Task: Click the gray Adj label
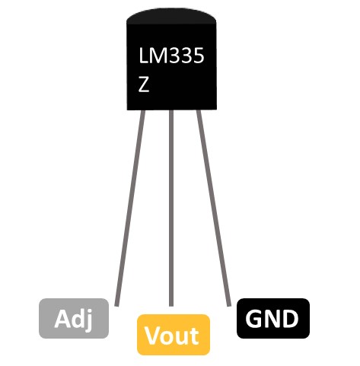[x=74, y=318]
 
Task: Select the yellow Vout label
[x=174, y=335]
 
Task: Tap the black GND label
[x=273, y=318]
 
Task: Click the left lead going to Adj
[x=130, y=208]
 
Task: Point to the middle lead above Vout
[x=171, y=208]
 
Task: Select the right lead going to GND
[x=214, y=208]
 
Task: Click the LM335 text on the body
[x=171, y=56]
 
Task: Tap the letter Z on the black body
[x=144, y=84]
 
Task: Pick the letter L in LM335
[x=143, y=56]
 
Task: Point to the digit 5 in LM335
[x=199, y=56]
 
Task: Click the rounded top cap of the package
[x=171, y=16]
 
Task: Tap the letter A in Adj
[x=62, y=318]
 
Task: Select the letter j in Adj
[x=88, y=320]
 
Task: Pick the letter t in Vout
[x=195, y=336]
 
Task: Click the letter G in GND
[x=254, y=319]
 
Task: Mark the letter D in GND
[x=290, y=319]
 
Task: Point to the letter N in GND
[x=272, y=319]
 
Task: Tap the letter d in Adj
[x=78, y=318]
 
